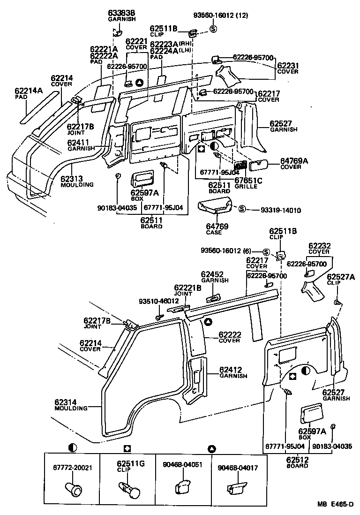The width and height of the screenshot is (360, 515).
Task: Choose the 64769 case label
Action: (217, 229)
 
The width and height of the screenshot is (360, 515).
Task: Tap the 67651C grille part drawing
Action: (241, 166)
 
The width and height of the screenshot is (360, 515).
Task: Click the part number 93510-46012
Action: (158, 301)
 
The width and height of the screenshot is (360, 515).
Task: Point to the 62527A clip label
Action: (341, 280)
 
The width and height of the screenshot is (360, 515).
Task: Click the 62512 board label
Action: (297, 463)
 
